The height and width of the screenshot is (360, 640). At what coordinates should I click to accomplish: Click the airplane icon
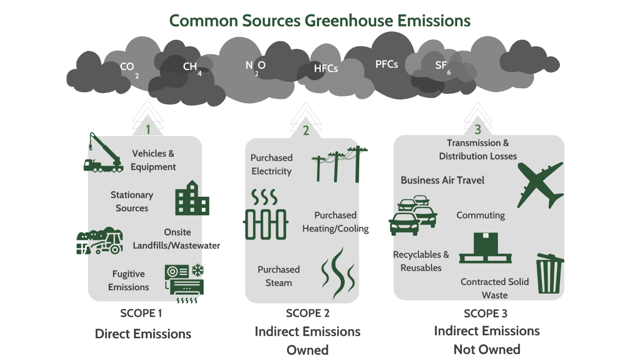(540, 185)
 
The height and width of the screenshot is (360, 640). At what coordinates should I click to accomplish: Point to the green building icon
(192, 198)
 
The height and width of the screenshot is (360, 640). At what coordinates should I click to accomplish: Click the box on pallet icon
(485, 248)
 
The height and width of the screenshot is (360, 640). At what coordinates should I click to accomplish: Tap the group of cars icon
(413, 215)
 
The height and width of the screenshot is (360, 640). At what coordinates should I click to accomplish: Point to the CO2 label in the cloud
(128, 68)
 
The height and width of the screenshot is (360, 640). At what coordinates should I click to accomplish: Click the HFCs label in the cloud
(326, 69)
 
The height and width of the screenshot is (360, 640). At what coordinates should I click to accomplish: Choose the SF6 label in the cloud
(442, 66)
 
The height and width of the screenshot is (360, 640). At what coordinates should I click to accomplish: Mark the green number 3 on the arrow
(478, 130)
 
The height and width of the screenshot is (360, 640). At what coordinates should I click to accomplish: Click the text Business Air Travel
(442, 180)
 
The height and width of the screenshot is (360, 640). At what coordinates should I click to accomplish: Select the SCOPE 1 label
(141, 313)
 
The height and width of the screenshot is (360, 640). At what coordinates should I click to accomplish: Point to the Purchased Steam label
(279, 276)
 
